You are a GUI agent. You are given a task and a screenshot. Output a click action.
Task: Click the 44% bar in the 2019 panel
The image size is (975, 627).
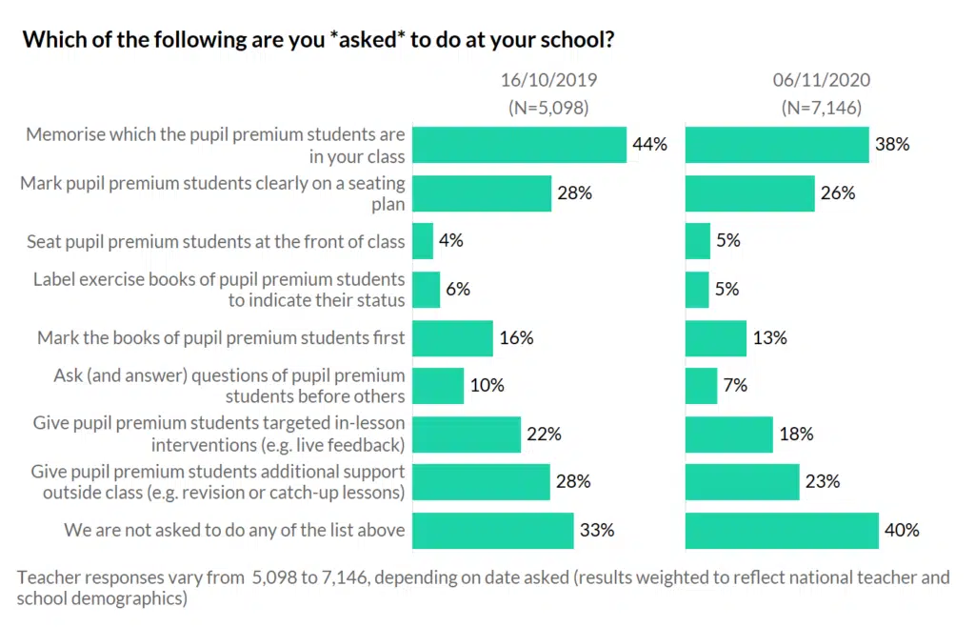pos(519,145)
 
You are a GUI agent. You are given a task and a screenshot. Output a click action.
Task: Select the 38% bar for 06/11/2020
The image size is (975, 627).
pos(777,145)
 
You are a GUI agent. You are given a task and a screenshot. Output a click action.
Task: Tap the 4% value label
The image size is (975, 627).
pos(451,241)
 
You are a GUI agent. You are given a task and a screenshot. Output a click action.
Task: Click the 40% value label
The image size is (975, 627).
pos(903,531)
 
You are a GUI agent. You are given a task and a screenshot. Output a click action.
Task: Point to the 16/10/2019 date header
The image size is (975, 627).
pos(549,80)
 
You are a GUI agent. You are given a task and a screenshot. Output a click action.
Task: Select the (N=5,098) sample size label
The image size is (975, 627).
pos(548,108)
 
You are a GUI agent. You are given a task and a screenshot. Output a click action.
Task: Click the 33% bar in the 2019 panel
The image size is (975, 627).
pos(492,531)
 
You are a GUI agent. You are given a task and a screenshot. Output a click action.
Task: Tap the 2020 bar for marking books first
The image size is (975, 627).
pos(715,338)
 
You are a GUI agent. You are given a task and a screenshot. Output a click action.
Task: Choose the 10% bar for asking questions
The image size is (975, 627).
pos(438,386)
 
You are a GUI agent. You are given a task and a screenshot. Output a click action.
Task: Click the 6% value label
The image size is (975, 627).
pos(458,290)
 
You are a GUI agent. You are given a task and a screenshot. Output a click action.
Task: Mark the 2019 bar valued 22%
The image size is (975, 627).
pos(467,435)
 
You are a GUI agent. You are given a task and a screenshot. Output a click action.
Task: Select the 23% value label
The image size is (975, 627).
pos(823,482)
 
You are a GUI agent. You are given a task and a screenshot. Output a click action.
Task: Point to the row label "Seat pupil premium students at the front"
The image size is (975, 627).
pos(216,242)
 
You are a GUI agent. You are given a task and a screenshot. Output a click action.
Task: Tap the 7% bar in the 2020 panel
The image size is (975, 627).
pos(701,386)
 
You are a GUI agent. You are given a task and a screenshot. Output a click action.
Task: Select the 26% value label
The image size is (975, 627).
pos(838,193)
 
